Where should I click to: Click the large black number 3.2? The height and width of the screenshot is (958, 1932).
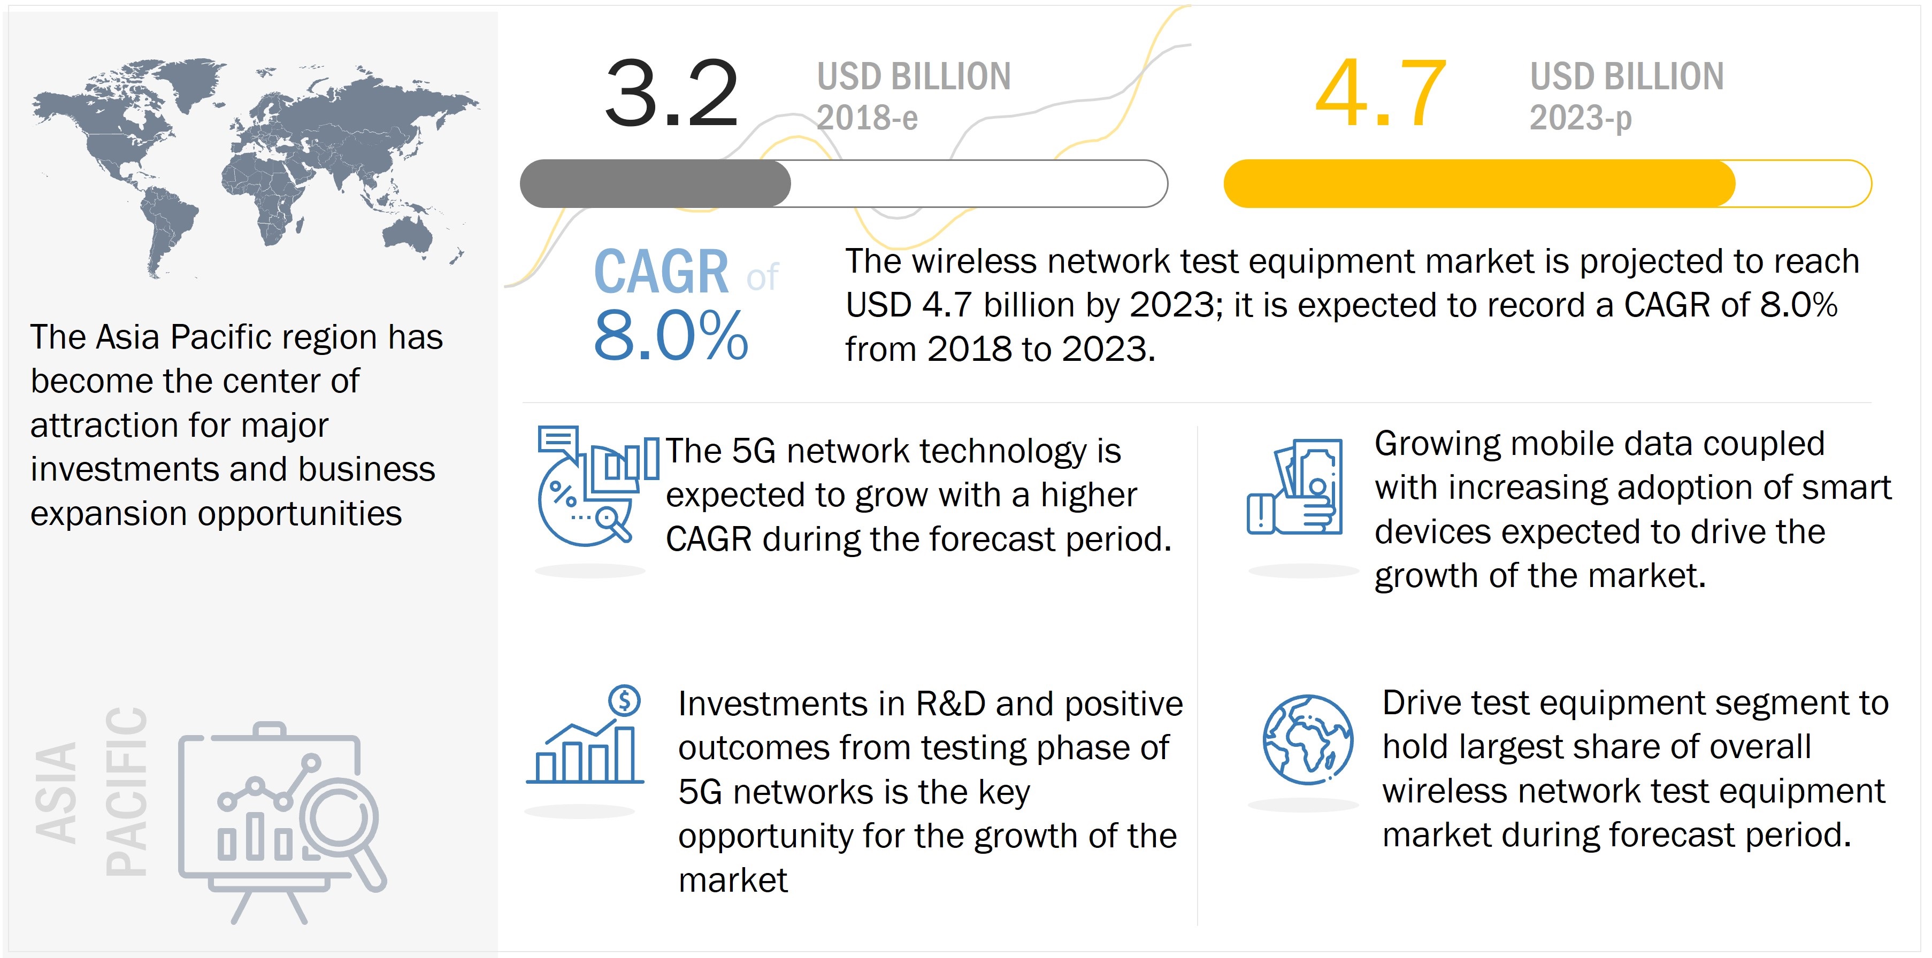671,94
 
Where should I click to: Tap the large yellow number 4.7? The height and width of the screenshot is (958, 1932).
1380,94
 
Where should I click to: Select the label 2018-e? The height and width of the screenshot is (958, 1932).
867,118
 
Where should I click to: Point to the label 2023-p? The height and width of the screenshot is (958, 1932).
1580,118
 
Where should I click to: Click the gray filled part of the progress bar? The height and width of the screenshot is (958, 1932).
655,184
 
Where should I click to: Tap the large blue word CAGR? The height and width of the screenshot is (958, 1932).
661,272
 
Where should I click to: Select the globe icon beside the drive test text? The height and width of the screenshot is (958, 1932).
1307,739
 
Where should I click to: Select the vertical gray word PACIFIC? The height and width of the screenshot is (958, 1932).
126,791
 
